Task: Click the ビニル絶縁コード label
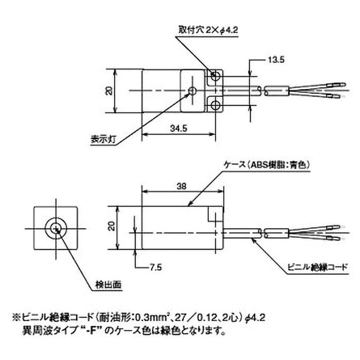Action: pos(317,266)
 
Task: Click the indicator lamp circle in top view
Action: pos(192,90)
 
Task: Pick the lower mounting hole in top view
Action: pos(216,105)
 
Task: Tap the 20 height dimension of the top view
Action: pos(108,90)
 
